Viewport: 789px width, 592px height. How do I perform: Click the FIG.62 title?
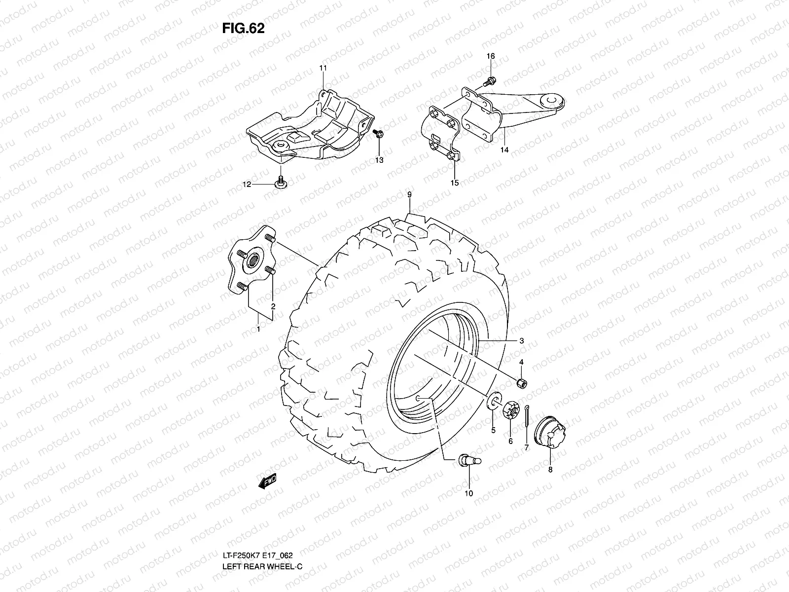click(243, 29)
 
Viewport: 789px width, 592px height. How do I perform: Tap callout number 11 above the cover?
click(323, 68)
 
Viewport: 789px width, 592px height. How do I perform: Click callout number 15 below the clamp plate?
click(454, 183)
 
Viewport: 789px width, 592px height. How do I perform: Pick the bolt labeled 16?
click(490, 79)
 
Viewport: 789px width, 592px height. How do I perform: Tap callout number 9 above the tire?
click(409, 195)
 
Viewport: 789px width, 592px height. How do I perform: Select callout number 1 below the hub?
click(257, 328)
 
